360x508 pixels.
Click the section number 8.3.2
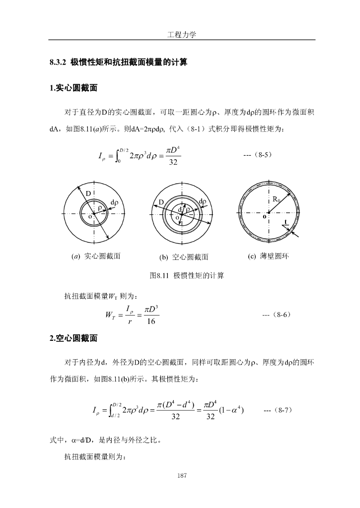(58, 63)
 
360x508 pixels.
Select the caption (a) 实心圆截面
(96, 256)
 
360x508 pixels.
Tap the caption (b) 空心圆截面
(183, 257)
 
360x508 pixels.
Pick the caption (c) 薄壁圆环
(268, 256)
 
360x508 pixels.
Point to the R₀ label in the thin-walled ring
(277, 199)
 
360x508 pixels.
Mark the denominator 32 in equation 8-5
(172, 164)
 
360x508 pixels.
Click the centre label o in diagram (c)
(264, 217)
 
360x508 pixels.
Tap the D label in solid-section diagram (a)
(88, 192)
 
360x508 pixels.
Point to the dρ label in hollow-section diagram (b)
(202, 202)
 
